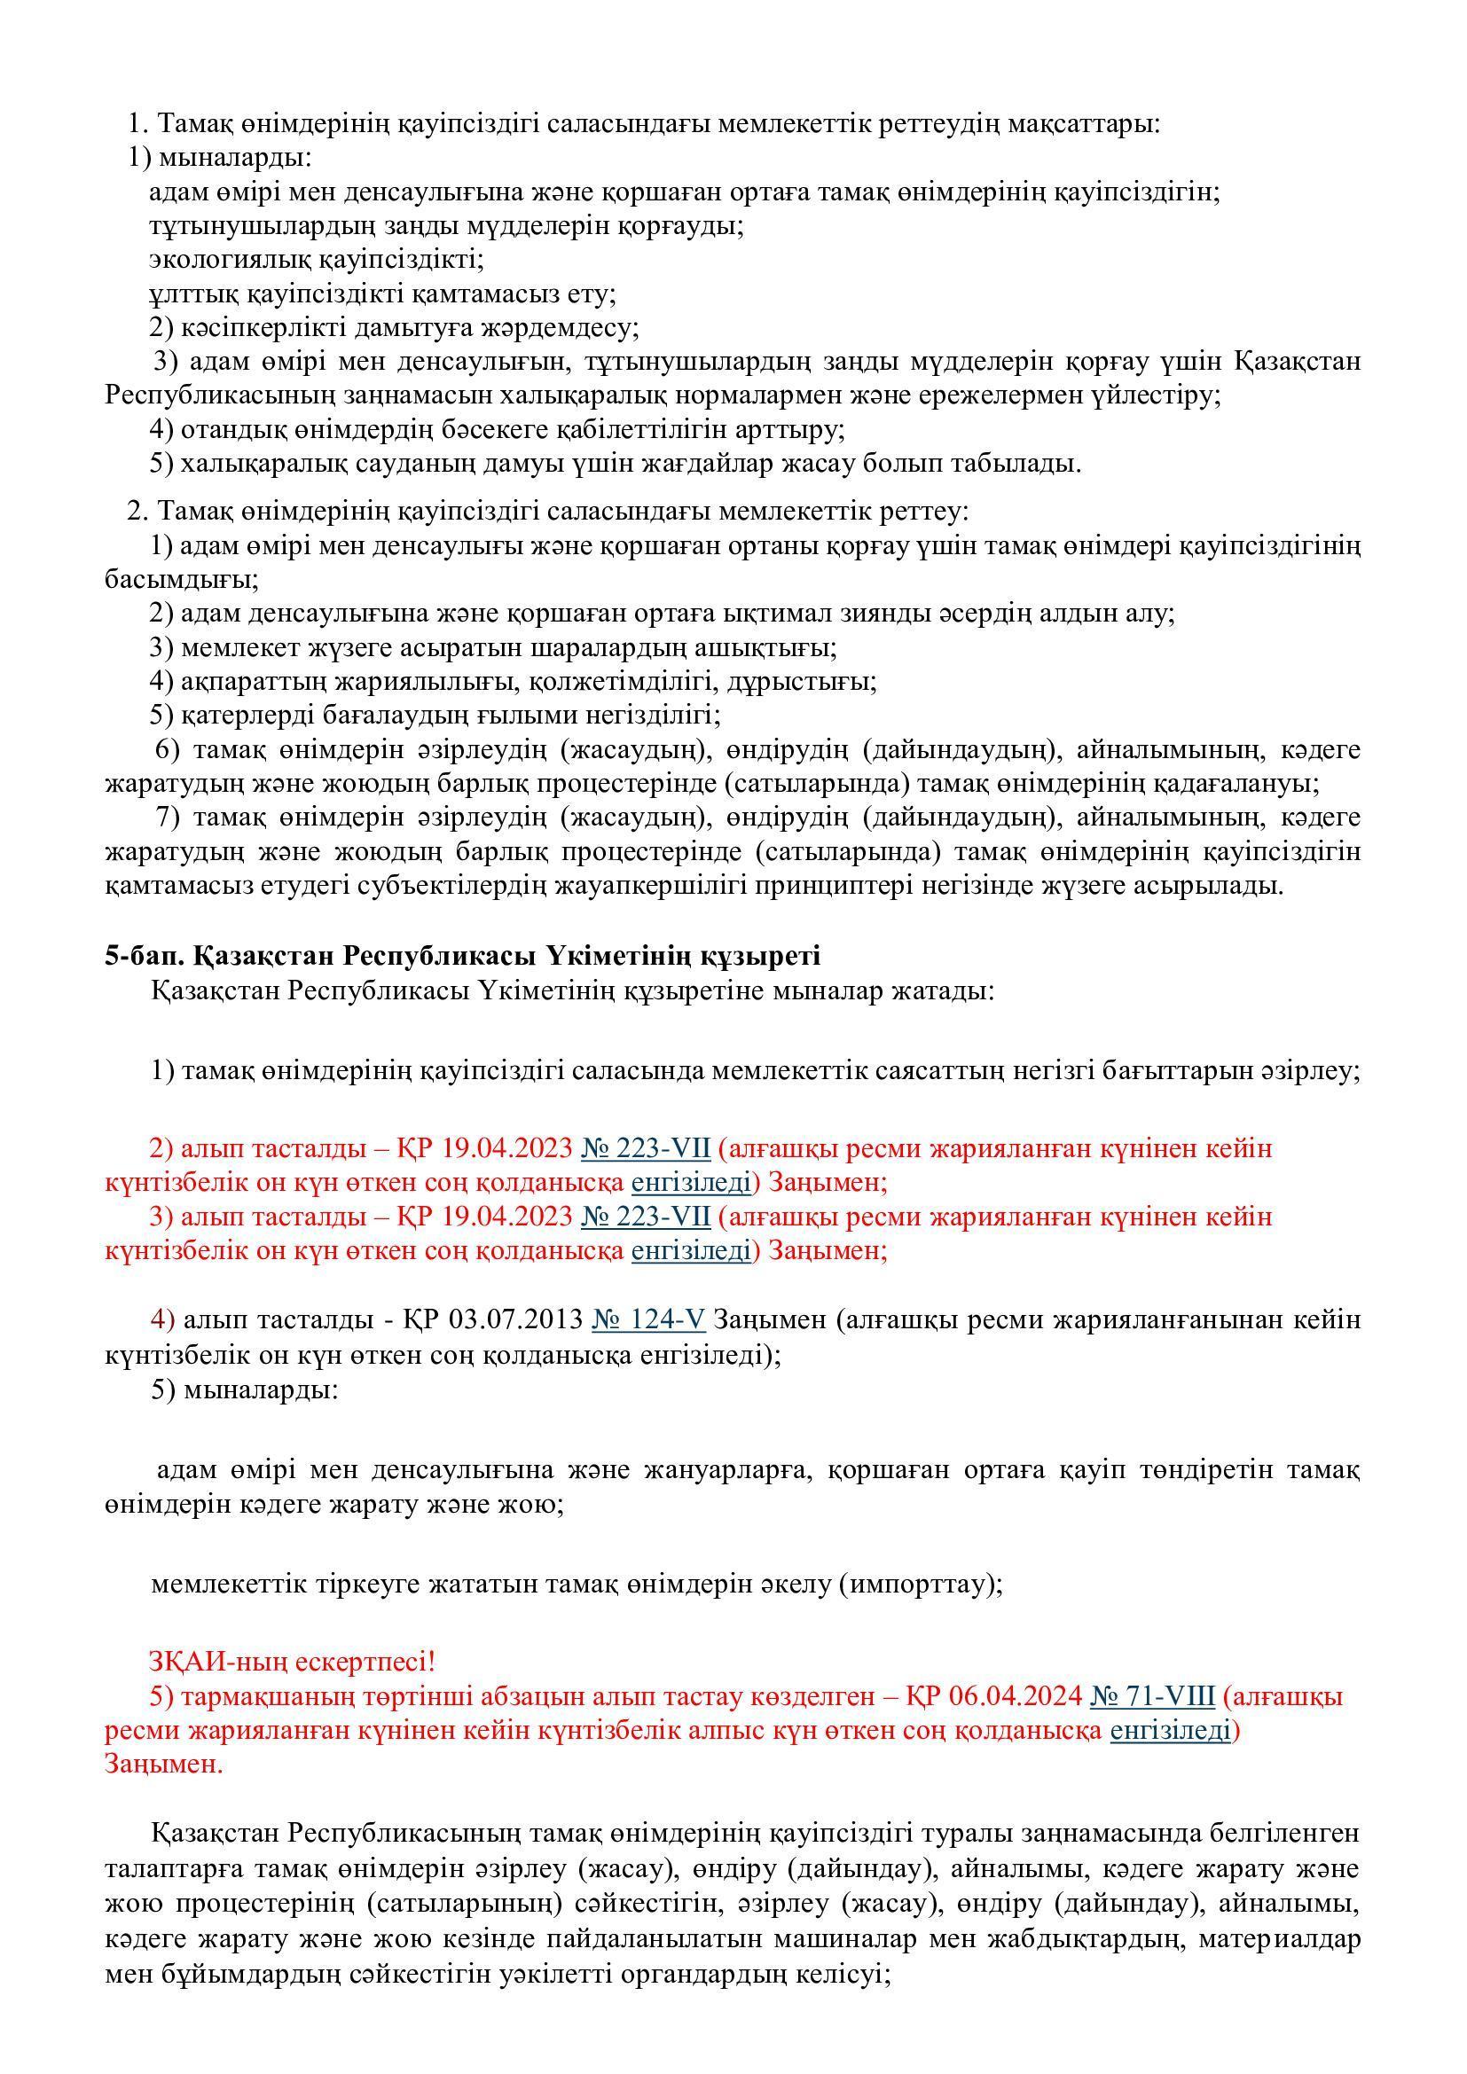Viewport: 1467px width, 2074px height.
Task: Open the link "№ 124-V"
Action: (x=647, y=1320)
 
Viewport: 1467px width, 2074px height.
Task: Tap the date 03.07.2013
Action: (x=516, y=1320)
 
